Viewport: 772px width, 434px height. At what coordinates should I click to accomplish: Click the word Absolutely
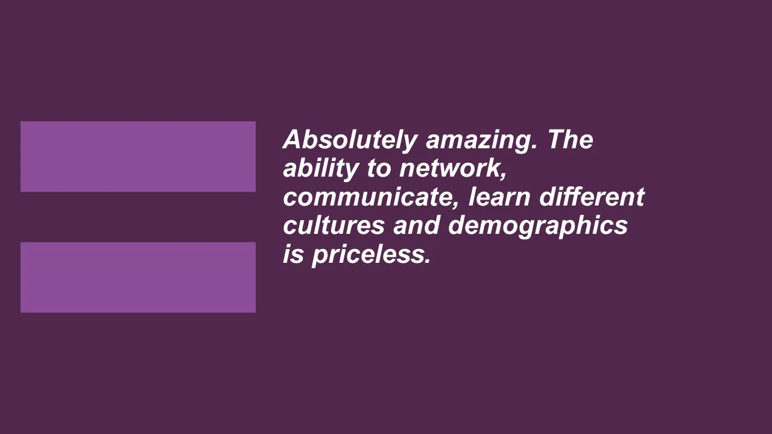[350, 140]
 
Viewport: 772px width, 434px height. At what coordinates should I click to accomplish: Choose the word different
[592, 197]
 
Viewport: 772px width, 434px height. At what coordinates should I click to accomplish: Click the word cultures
[334, 225]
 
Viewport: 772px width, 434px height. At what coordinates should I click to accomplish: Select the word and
[416, 225]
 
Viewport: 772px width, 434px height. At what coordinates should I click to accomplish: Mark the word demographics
[538, 227]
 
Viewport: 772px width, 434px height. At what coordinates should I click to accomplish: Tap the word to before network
[379, 169]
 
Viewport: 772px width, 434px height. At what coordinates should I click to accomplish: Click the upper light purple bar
[138, 156]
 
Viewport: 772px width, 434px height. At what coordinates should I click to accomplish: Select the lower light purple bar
[138, 277]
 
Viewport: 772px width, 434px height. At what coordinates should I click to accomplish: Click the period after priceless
[428, 262]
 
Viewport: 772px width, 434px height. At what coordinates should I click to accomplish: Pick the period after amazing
[534, 147]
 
